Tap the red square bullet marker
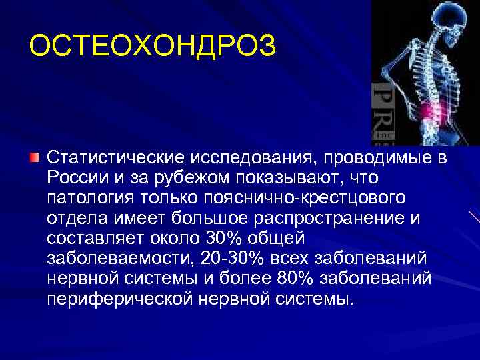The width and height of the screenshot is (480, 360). (x=35, y=158)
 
